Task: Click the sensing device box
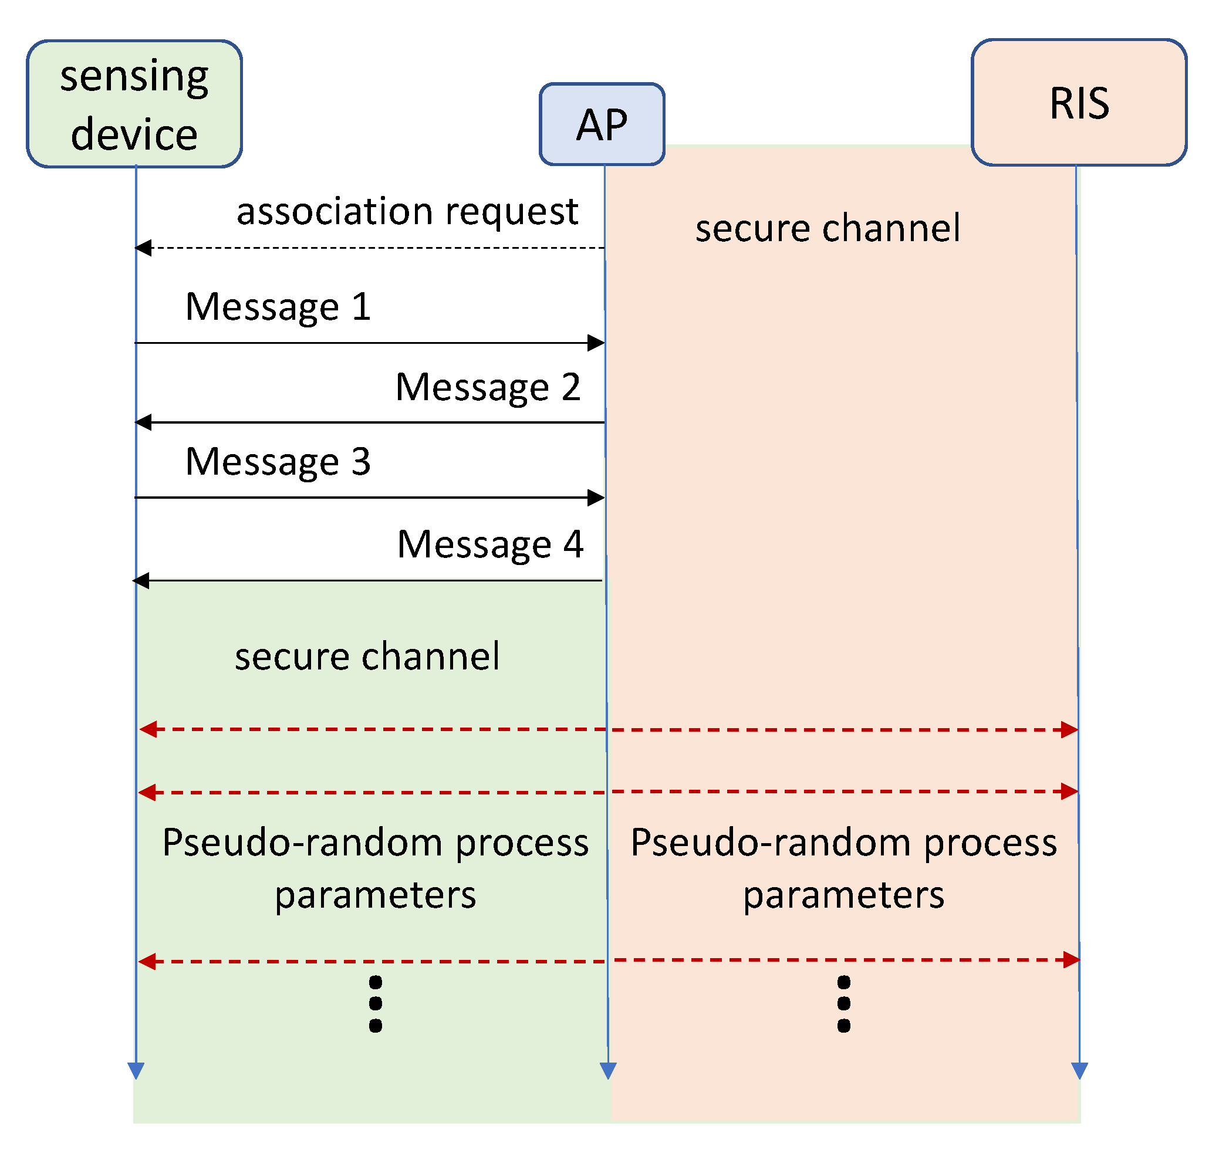(x=134, y=104)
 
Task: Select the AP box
(x=602, y=124)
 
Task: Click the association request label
(x=407, y=211)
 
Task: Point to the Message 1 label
(x=278, y=306)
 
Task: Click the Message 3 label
(x=278, y=462)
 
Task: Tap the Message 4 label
(x=489, y=544)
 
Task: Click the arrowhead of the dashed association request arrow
(x=143, y=248)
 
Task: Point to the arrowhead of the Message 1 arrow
(x=596, y=343)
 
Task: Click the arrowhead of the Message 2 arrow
(x=143, y=422)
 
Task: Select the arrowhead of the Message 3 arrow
(x=596, y=497)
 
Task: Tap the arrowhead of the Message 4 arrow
(x=141, y=580)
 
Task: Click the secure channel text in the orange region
(x=826, y=229)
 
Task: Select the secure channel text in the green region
(x=367, y=657)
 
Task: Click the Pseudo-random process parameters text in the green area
(x=374, y=868)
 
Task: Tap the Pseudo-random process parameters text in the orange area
(x=843, y=868)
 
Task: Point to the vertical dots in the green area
(x=375, y=1003)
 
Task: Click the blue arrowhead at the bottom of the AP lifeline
(x=607, y=1070)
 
